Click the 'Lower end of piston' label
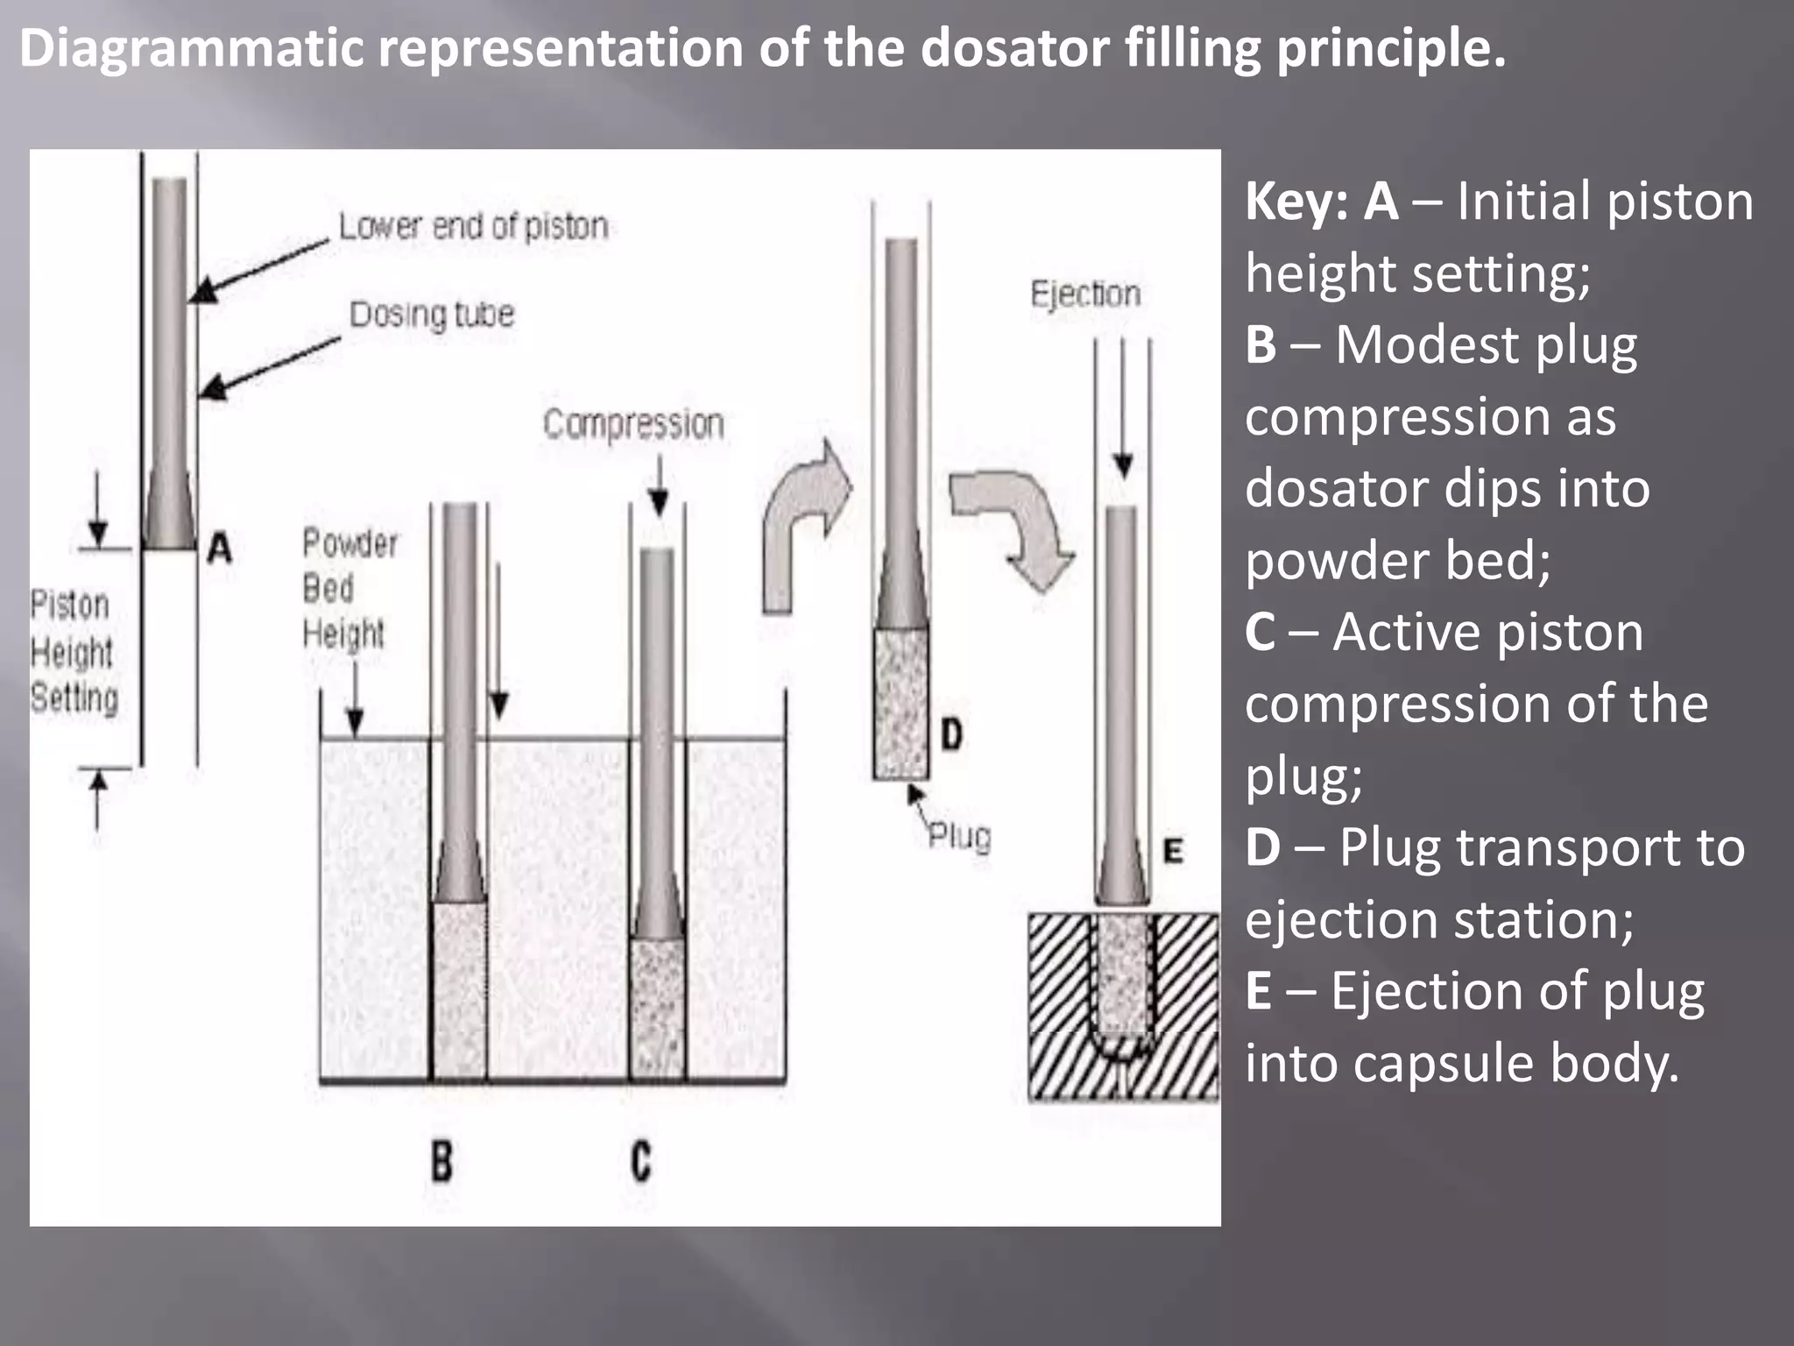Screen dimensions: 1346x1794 pos(473,227)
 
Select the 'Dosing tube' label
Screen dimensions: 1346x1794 pos(432,315)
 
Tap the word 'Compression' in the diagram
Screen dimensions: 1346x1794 pos(633,424)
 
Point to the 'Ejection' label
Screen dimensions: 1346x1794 pos(1085,294)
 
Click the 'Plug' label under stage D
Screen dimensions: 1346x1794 pos(959,836)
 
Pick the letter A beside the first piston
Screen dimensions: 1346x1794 pos(220,549)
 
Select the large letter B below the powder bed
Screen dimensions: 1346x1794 pos(442,1161)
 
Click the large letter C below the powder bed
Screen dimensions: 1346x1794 pos(641,1161)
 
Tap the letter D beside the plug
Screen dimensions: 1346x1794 pos(952,734)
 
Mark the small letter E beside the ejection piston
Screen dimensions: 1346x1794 pos(1173,851)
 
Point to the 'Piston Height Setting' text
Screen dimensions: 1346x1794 pos(72,652)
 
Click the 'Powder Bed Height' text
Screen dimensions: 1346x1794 pos(348,588)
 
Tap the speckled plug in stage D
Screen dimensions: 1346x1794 pos(901,703)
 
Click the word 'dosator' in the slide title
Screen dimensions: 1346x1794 pos(1014,48)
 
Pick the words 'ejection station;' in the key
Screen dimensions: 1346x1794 pos(1439,919)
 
